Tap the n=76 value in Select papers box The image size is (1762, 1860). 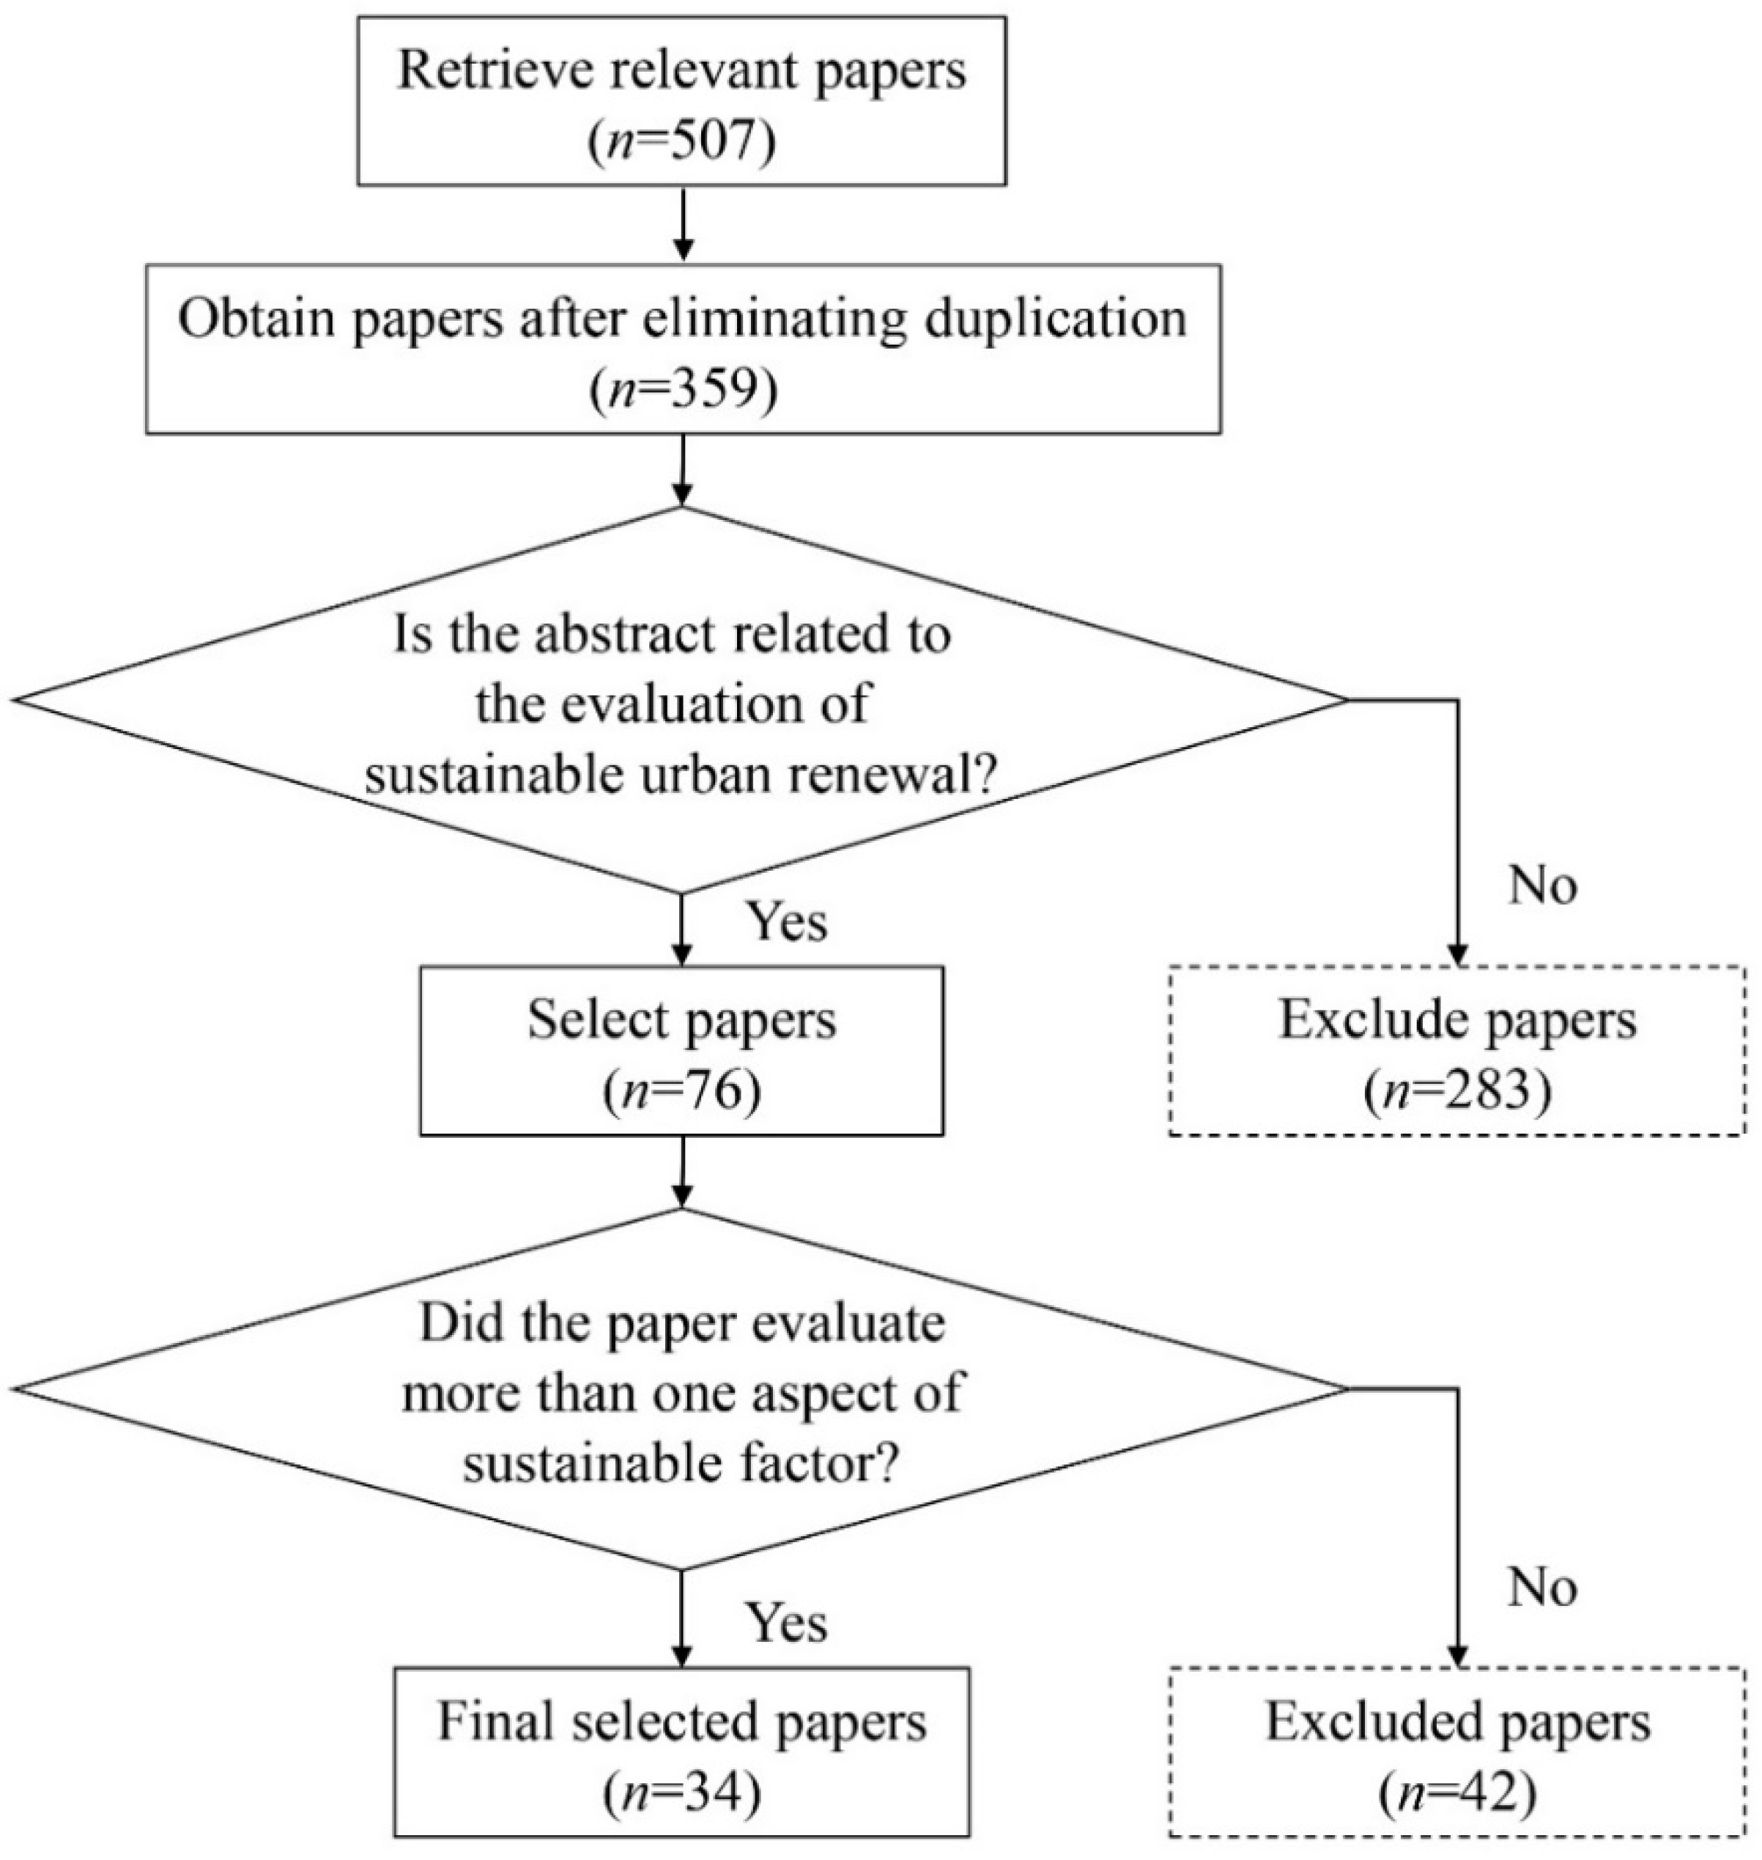point(682,1092)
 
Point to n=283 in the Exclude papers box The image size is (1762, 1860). point(1458,1092)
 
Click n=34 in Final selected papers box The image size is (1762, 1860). point(682,1793)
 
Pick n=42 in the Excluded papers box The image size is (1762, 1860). point(1458,1793)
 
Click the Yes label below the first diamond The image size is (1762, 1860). point(787,922)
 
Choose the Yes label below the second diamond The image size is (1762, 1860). point(787,1623)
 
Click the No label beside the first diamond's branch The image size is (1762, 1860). point(1542,885)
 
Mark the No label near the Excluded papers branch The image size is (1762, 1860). point(1542,1587)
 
